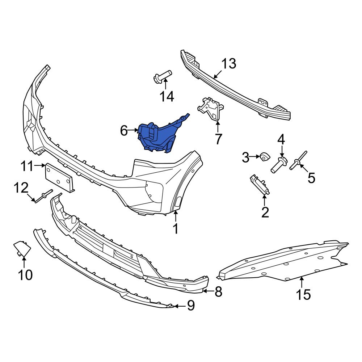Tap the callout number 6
point(124,131)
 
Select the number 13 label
point(229,64)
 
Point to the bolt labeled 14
point(162,77)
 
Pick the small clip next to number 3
point(265,157)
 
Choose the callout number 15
point(303,294)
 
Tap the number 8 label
point(218,292)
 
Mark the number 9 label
point(190,306)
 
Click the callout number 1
point(175,229)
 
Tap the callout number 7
point(218,139)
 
